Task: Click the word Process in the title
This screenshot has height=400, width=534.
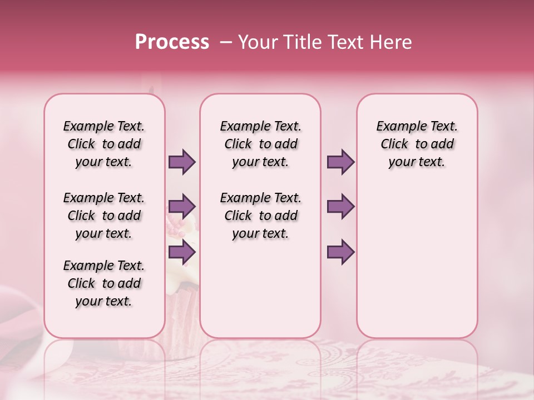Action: (172, 42)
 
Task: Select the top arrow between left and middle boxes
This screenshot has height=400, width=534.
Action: (182, 162)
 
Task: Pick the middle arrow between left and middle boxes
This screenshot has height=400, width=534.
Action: (182, 207)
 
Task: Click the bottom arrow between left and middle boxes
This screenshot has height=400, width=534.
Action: (182, 252)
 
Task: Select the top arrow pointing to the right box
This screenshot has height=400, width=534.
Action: (340, 162)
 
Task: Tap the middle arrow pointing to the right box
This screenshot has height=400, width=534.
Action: (340, 207)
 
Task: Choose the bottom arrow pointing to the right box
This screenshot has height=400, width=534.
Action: (340, 252)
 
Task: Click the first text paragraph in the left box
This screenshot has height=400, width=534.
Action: (104, 144)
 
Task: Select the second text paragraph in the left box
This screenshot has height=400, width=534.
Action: (104, 216)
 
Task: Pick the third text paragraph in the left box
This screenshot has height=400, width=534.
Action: (104, 283)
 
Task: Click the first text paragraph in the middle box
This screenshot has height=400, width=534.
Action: (261, 144)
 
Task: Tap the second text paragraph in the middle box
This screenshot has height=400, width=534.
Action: (261, 216)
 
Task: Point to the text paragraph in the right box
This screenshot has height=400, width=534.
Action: (417, 144)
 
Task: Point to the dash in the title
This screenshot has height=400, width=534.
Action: (226, 42)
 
